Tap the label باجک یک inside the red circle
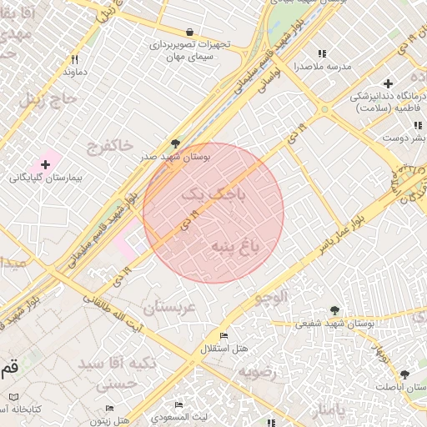214,194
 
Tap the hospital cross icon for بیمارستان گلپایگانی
45,165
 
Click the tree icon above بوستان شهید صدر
175,143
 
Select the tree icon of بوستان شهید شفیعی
334,310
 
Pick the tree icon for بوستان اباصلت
404,374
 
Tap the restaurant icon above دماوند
74,59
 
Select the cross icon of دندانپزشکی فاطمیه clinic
388,83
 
